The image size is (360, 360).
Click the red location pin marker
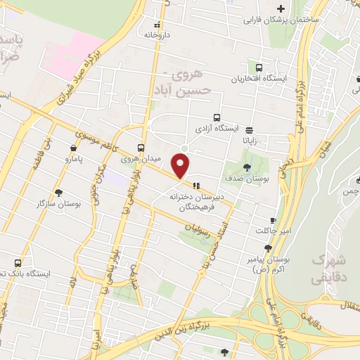point(181,167)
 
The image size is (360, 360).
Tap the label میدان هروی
point(136,159)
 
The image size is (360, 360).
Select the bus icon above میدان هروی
point(141,148)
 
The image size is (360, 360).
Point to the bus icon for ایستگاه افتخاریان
point(259,68)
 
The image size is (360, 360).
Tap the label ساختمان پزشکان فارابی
point(281,20)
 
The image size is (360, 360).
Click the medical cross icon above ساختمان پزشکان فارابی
point(262,8)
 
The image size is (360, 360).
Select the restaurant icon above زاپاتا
point(250,129)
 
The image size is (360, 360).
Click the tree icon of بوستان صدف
point(247,167)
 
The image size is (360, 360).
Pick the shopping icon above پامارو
point(74,148)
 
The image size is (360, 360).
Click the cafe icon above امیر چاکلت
point(273,220)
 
